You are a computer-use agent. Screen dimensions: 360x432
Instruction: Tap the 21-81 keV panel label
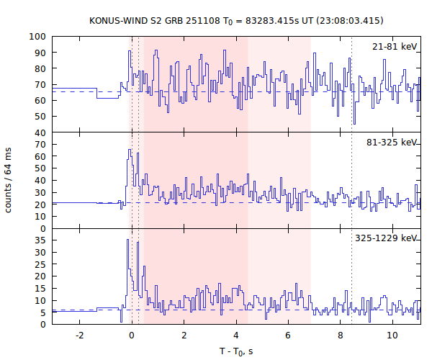[x=394, y=46]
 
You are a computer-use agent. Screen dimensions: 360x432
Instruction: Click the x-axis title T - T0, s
[x=235, y=351]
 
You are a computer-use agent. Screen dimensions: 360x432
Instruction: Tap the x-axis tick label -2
[x=78, y=336]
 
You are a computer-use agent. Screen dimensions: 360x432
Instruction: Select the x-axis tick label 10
[x=392, y=336]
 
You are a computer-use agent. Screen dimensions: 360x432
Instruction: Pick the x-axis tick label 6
[x=288, y=336]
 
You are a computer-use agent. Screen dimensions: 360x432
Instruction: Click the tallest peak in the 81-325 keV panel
[x=129, y=150]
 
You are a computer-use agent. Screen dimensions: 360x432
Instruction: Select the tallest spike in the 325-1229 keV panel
[x=127, y=240]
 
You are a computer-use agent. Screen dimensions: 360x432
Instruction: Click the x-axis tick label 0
[x=131, y=336]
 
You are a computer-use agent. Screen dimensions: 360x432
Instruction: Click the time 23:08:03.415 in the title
[x=347, y=20]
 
